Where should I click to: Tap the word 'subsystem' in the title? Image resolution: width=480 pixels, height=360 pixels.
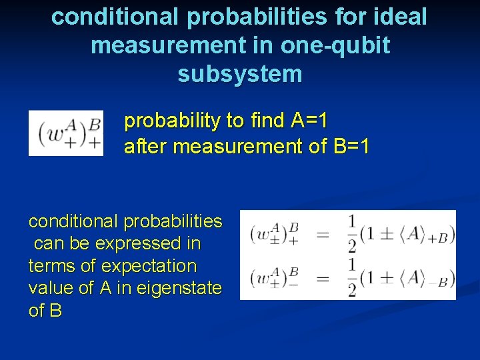240,74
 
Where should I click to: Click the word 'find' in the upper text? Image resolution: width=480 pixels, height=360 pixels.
267,121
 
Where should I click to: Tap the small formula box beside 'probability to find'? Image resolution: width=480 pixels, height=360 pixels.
66,133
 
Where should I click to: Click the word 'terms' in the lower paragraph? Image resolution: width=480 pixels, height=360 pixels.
51,266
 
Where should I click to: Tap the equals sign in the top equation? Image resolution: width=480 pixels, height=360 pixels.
323,234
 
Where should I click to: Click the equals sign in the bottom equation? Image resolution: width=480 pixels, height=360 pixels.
323,277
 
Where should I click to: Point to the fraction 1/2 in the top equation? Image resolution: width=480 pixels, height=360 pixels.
351,234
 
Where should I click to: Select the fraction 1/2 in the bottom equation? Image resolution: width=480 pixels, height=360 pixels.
351,277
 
